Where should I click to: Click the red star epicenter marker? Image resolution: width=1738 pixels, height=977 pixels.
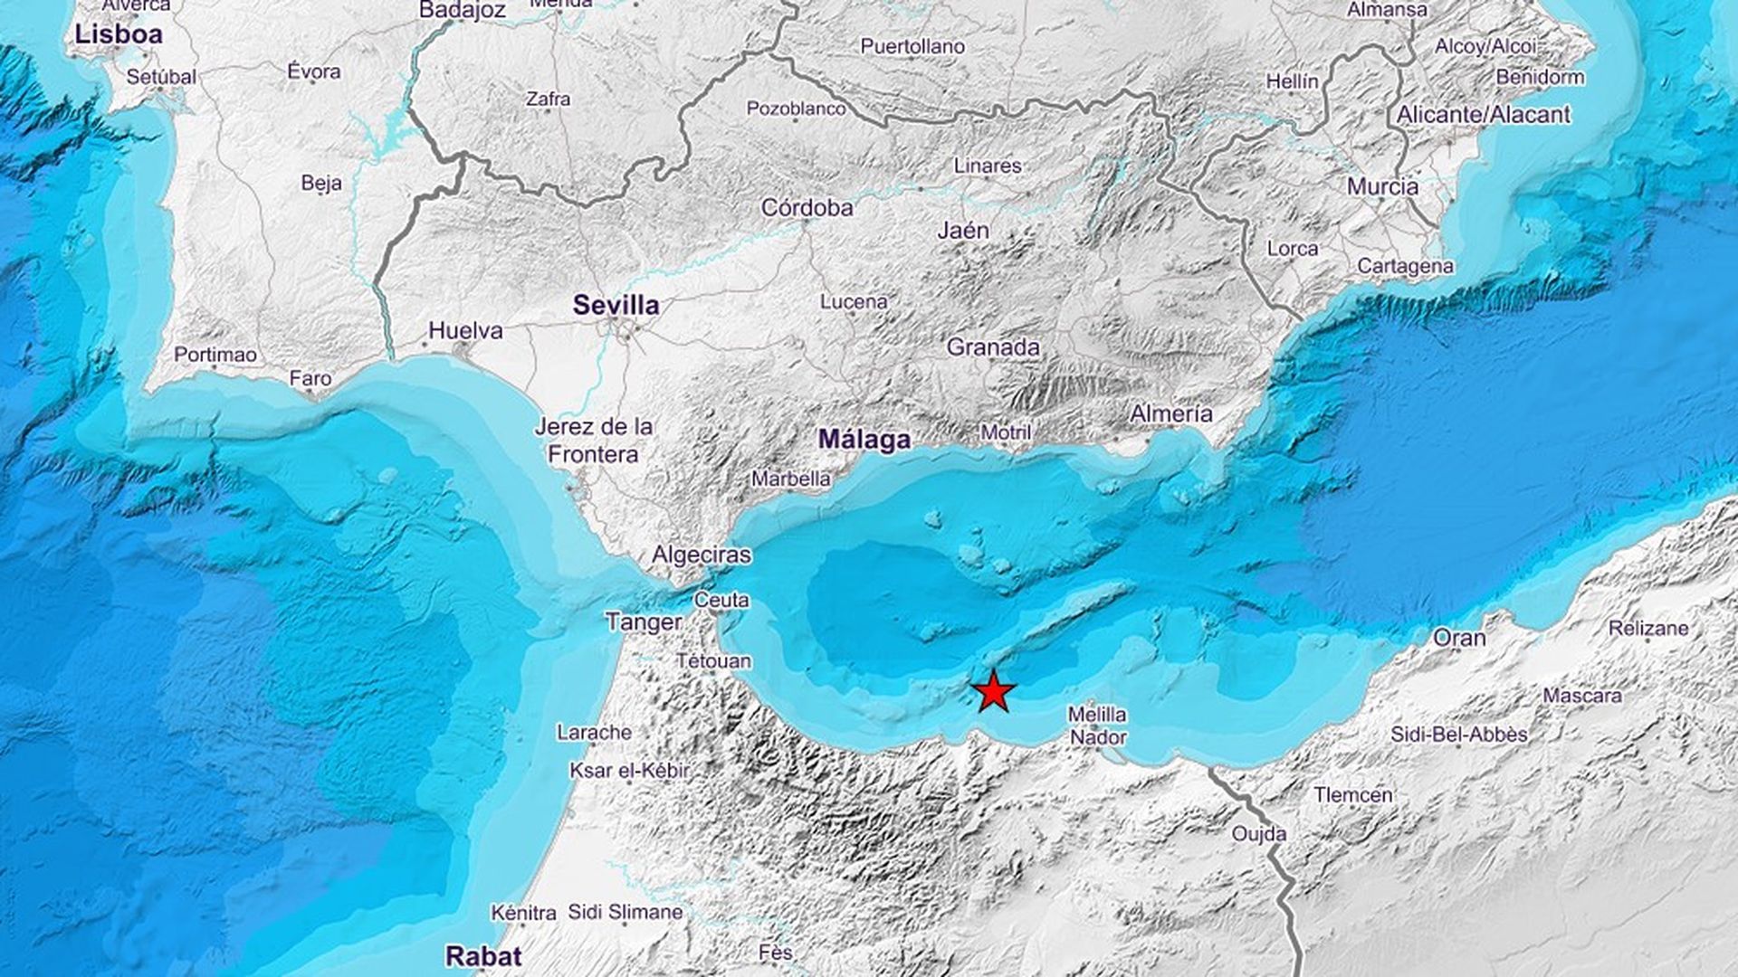(x=994, y=692)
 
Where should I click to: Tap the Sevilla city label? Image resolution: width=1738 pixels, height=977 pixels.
(x=616, y=306)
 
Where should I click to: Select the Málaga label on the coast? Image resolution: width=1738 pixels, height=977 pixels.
(x=864, y=441)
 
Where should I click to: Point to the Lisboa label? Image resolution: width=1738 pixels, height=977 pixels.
(x=119, y=35)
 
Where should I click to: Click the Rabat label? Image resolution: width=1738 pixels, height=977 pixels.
(x=483, y=956)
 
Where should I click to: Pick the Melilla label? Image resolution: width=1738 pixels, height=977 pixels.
(x=1096, y=715)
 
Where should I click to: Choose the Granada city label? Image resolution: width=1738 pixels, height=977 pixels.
(x=993, y=347)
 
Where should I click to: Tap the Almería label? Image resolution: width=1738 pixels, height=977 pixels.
(x=1171, y=414)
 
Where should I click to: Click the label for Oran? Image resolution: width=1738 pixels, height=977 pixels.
(x=1459, y=639)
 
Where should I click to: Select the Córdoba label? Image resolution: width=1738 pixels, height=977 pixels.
(x=807, y=208)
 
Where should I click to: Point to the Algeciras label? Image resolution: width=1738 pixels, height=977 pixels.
(x=702, y=555)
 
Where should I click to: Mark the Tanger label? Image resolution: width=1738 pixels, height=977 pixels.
(x=643, y=622)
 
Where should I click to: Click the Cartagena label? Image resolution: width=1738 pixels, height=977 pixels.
(x=1405, y=266)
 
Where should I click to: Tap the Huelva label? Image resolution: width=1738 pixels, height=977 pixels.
(x=465, y=331)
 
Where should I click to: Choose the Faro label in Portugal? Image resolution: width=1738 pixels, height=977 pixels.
(x=310, y=379)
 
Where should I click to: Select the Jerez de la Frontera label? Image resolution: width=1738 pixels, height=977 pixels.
(x=593, y=440)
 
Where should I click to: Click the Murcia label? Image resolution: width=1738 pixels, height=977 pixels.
(x=1382, y=187)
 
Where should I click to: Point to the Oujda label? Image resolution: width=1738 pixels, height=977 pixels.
(x=1258, y=834)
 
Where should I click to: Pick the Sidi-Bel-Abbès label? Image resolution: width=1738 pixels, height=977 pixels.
(x=1458, y=735)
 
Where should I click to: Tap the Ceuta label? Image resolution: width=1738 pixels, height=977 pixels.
(x=721, y=600)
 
